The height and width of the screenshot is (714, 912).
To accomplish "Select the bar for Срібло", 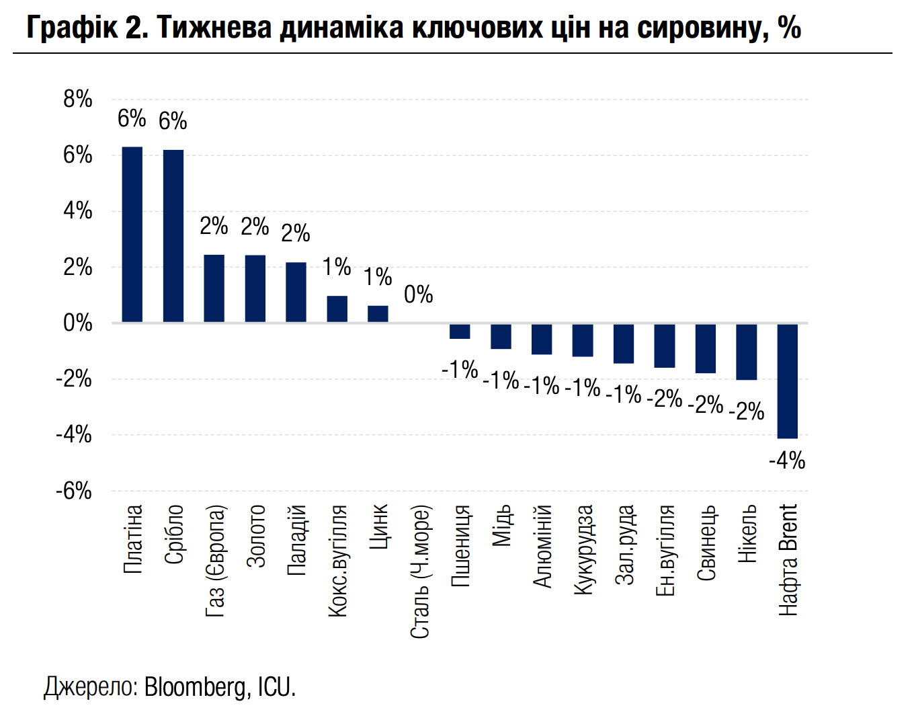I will click(173, 236).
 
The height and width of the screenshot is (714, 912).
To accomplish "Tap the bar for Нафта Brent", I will click(788, 381).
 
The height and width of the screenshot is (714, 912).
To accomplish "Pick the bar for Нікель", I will click(747, 352).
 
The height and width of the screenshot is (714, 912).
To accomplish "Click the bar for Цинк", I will click(378, 314).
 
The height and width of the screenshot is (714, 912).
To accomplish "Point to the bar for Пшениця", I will click(460, 331).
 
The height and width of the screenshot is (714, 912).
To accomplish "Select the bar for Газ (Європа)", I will click(214, 288).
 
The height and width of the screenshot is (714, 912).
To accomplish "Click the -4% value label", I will click(787, 461).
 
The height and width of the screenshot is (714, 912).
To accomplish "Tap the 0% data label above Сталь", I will click(419, 294).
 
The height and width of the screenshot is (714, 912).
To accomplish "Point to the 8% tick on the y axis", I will click(78, 100).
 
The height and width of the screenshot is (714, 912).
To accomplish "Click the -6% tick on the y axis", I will click(74, 491).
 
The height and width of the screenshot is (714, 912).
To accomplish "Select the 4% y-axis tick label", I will click(78, 211).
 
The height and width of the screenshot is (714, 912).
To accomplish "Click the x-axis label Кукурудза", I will click(583, 550).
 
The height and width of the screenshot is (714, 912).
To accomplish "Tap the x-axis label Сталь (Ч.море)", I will click(419, 571).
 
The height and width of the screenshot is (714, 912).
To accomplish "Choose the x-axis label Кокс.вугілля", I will click(337, 561).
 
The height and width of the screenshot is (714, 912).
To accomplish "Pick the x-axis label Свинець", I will click(706, 543).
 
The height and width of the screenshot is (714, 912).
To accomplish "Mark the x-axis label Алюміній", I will click(542, 547).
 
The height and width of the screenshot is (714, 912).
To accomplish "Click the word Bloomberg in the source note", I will click(195, 687).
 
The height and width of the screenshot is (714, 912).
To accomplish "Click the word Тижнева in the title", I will click(214, 28).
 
